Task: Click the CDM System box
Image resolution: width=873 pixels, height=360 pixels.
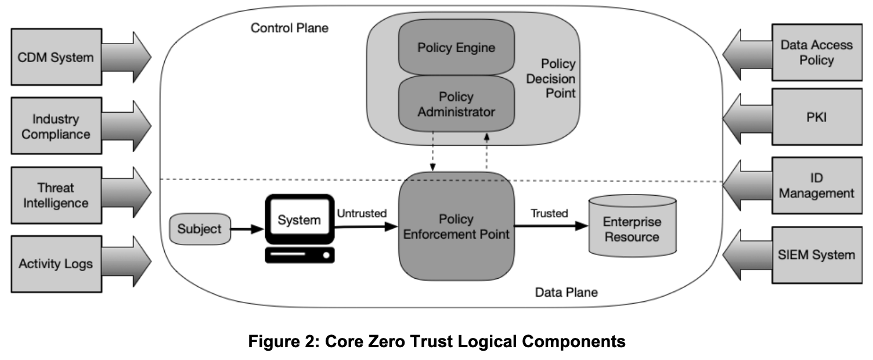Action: [55, 57]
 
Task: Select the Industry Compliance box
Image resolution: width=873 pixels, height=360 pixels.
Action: [55, 126]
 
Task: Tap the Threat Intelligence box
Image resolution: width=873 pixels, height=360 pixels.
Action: [55, 195]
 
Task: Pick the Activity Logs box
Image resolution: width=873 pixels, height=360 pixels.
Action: [55, 264]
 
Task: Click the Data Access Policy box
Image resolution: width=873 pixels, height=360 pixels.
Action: [816, 52]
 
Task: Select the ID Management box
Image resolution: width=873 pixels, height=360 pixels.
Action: [816, 185]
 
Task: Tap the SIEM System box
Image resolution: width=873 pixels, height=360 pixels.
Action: [816, 254]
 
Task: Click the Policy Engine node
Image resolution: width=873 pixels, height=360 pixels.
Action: [456, 48]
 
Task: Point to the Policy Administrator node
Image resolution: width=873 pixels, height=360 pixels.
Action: [456, 104]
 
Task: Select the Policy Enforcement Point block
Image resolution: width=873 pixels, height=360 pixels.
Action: [456, 226]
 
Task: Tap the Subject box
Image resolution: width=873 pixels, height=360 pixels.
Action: [199, 229]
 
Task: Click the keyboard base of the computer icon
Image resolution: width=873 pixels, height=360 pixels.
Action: [300, 254]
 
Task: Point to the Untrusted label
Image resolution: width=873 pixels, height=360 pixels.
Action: [361, 213]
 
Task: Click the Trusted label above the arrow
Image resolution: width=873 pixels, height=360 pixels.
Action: [549, 213]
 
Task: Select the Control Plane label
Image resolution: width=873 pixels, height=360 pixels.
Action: [289, 27]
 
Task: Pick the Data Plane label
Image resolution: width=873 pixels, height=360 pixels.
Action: [566, 291]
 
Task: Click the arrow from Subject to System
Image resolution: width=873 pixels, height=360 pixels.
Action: [246, 229]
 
